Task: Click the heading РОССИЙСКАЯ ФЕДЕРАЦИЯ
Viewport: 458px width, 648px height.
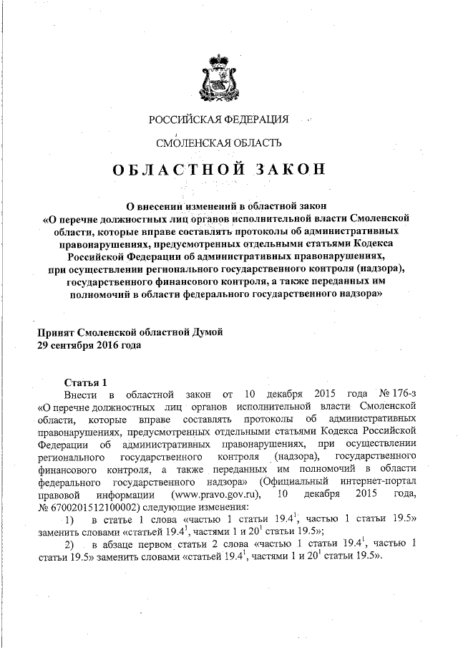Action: tap(218, 118)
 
